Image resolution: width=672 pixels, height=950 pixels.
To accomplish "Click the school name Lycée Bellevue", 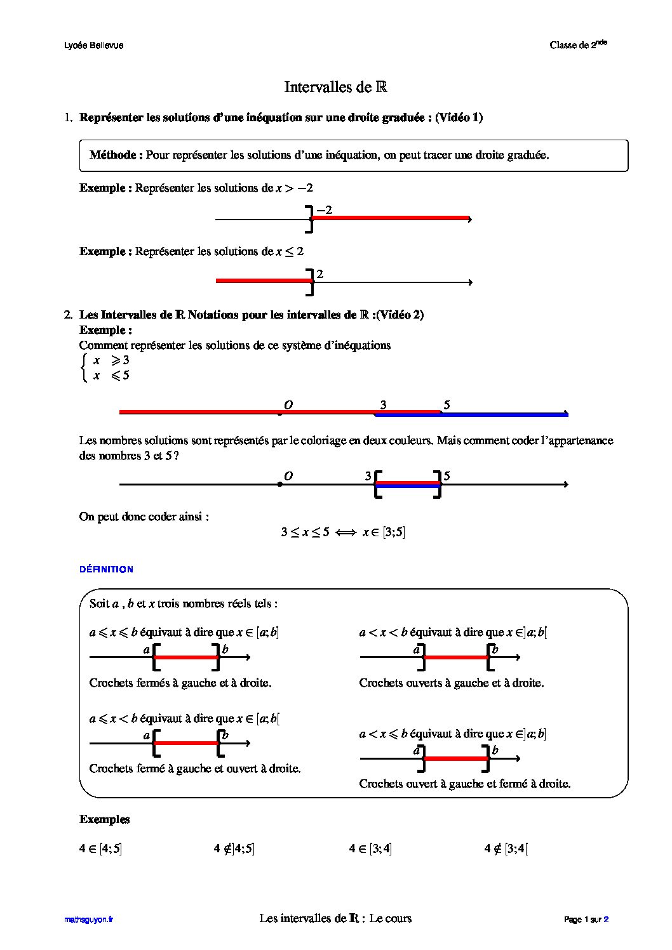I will [94, 45].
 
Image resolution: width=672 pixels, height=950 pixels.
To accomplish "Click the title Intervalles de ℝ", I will [335, 87].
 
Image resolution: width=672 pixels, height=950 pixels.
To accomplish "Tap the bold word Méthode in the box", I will [116, 155].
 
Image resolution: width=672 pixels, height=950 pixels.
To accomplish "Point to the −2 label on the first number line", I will [324, 209].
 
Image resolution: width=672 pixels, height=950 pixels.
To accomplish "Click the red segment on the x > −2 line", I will [390, 218].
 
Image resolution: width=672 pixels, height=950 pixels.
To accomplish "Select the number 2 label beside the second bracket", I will [320, 274].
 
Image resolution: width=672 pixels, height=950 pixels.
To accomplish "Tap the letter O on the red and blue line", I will [288, 405].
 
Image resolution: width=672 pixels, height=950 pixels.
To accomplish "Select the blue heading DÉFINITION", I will [106, 569].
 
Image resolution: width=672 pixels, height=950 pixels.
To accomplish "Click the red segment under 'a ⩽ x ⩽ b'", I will [186, 657].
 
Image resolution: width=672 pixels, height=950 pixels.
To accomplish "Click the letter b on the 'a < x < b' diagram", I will [495, 649].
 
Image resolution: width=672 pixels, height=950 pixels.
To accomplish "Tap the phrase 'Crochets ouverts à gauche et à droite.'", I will [451, 683].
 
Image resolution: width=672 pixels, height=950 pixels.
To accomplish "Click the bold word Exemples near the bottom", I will [104, 819].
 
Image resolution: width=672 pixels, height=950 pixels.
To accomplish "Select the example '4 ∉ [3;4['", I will [506, 848].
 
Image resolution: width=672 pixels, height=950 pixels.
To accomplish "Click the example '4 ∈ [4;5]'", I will [100, 848].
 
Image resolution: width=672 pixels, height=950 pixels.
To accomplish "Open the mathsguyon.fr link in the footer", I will [88, 919].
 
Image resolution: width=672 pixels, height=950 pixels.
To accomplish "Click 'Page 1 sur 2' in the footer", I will [586, 919].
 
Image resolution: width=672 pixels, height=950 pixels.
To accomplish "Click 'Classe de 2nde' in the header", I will [578, 44].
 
